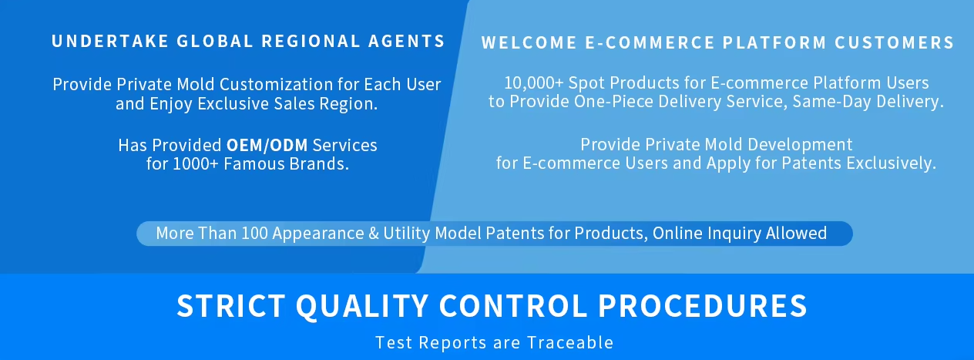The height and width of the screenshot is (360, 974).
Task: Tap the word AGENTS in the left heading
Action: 407,42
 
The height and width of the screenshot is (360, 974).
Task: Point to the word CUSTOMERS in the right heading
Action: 894,42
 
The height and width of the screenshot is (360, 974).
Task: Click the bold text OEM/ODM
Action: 267,145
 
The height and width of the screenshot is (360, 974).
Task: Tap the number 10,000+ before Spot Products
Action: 533,83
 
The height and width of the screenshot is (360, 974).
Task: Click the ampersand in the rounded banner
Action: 374,234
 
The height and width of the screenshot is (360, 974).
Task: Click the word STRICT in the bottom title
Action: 231,306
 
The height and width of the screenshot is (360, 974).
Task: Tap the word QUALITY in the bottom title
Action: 362,307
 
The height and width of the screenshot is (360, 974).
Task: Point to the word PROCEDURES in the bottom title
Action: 702,306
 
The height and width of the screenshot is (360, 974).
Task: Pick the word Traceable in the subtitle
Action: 570,342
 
